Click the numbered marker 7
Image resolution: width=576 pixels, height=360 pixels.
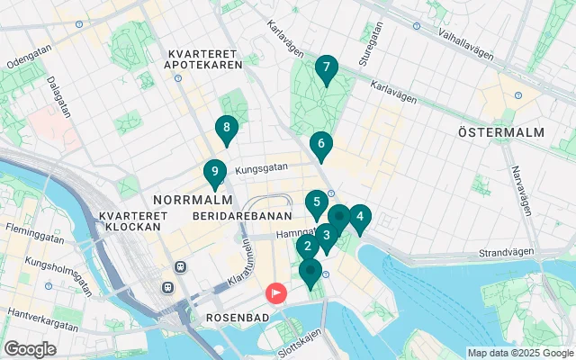tap(326, 67)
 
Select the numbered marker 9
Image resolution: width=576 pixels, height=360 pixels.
tap(214, 171)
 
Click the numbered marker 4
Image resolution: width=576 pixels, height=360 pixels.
tap(359, 217)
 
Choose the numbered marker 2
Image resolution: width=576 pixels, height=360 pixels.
tap(308, 246)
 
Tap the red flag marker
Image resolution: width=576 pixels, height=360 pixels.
tap(274, 292)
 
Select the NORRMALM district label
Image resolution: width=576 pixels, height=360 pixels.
tap(188, 198)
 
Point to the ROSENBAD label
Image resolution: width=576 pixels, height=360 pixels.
tap(234, 319)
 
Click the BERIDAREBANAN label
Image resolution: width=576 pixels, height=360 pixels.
tap(242, 217)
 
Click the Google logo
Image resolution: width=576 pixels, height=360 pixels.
tap(30, 349)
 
